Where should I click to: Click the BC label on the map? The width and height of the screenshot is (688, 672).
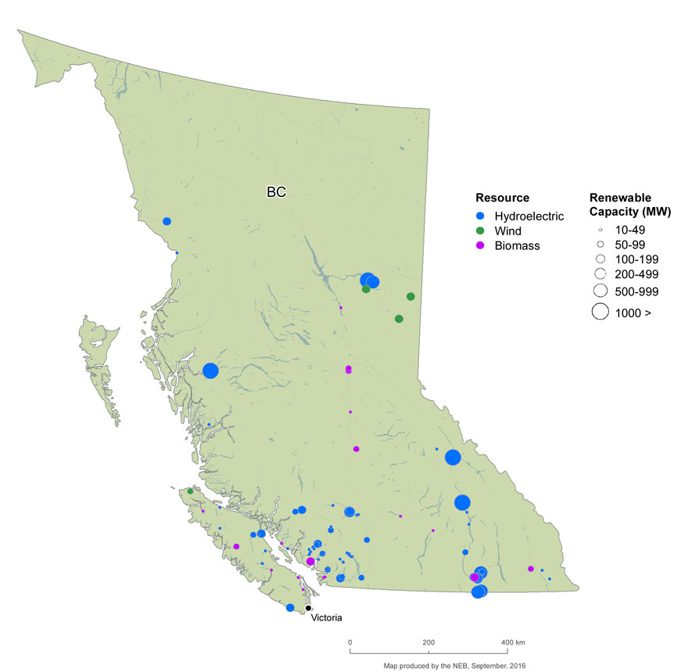[x=275, y=191]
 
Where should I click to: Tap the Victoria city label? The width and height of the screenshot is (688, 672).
[x=327, y=617]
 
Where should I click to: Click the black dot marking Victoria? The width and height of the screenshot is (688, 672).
[x=309, y=608]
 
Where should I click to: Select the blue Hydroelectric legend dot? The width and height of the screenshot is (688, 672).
[x=481, y=216]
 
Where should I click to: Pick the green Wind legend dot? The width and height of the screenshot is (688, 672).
[x=481, y=231]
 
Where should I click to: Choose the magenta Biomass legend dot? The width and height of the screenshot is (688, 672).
[x=481, y=245]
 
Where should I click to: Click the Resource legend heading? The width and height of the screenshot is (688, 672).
[x=503, y=198]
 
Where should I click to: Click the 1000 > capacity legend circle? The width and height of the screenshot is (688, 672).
[x=600, y=312]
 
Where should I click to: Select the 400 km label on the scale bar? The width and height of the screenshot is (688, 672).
[x=514, y=642]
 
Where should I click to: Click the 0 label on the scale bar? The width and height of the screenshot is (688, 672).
[x=349, y=642]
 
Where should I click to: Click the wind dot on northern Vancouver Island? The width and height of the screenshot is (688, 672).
[x=190, y=491]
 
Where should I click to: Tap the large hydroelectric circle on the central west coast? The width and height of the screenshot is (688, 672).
[x=210, y=371]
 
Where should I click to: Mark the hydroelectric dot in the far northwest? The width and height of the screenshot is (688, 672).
[x=167, y=221]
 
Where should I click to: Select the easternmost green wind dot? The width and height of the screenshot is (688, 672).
[x=410, y=296]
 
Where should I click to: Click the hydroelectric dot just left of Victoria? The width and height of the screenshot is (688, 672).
[x=290, y=608]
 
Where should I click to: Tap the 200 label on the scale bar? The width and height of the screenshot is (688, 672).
[x=428, y=642]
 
